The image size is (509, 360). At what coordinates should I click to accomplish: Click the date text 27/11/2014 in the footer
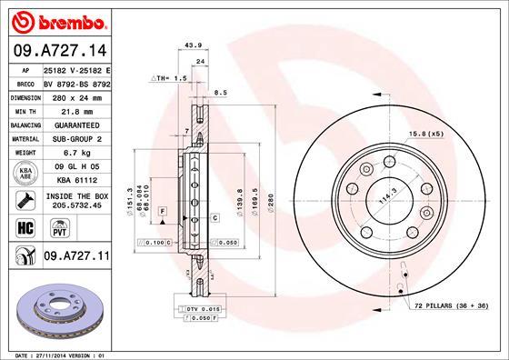[58, 354]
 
